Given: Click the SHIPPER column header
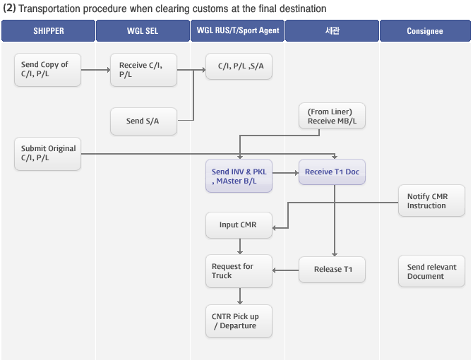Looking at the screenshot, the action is pos(48,31).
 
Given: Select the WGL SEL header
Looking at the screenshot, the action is pos(143,31).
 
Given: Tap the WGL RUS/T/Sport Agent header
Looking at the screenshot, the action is pos(237,31).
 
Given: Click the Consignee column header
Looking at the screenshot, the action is pos(425,31).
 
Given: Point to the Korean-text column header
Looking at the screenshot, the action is pos(332,31).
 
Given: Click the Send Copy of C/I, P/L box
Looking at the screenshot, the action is pos(48,70).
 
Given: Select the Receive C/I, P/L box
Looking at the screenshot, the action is pos(143,70).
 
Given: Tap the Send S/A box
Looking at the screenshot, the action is pos(143,121).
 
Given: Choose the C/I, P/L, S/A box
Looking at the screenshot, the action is pos(239,66).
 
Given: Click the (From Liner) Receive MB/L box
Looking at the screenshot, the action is pos(332,116).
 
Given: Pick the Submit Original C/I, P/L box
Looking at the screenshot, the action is pos(48,154).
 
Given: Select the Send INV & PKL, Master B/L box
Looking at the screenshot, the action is pos(239,176).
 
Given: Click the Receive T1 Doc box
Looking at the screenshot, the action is pos(332,172).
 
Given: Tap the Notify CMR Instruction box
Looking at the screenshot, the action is pos(431,200).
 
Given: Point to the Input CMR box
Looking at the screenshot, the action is pos(239,225).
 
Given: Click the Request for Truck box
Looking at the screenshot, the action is pos(239,271).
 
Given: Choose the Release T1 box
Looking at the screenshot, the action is pos(332,270).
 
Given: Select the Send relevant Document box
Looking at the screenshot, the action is pos(431,271).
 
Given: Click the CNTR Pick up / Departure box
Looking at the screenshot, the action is pos(239,321).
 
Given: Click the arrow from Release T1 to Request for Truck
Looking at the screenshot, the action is pos(286,270).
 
